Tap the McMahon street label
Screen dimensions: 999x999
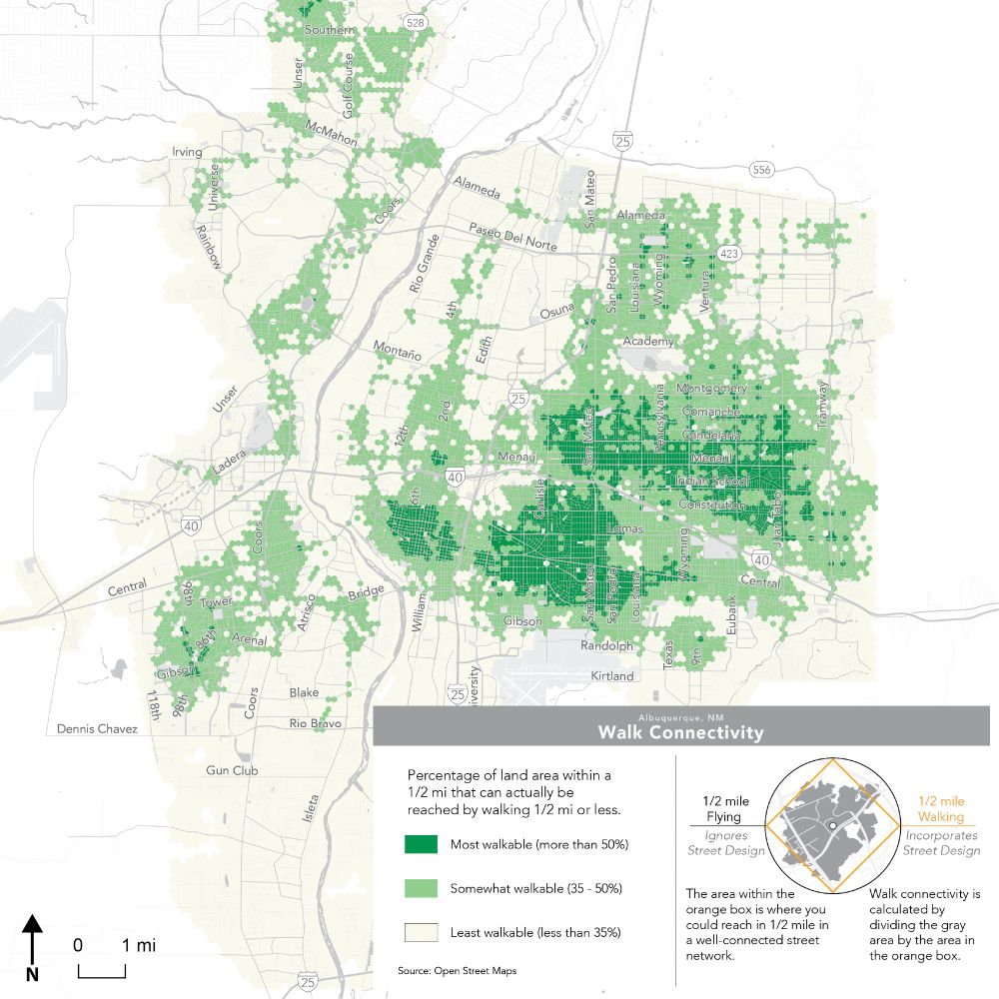pos(332,134)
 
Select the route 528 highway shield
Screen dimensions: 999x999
pos(416,22)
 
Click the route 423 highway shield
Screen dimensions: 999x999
pos(729,254)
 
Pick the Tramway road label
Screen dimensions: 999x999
pos(823,406)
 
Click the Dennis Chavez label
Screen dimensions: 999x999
pos(96,728)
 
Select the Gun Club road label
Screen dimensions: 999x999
pos(232,770)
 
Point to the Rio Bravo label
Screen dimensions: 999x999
pos(315,722)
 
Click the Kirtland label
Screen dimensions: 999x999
pos(611,676)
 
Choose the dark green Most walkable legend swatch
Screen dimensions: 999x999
pos(421,844)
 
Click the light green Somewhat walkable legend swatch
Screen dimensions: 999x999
pos(421,888)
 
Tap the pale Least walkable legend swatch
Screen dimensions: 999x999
pos(421,932)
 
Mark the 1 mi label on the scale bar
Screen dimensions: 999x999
pos(139,945)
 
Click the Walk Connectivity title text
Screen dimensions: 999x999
pos(680,733)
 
